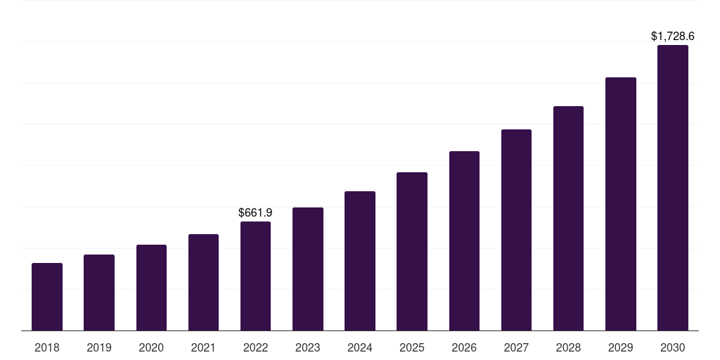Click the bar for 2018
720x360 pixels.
47,297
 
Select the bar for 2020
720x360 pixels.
151,288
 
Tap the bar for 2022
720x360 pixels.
255,276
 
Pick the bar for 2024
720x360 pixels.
360,261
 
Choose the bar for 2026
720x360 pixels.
464,240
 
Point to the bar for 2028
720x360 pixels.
568,218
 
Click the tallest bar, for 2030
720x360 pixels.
673,188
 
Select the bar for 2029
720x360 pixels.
621,204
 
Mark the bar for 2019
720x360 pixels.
99,292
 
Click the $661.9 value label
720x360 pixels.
255,212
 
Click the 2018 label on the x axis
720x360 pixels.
47,347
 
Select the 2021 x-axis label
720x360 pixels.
203,347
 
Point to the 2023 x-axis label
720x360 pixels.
307,347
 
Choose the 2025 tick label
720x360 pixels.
412,347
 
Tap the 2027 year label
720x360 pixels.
516,347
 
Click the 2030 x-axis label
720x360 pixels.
673,347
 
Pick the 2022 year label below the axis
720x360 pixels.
255,347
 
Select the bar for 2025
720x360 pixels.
412,251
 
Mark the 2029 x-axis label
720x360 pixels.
621,347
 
